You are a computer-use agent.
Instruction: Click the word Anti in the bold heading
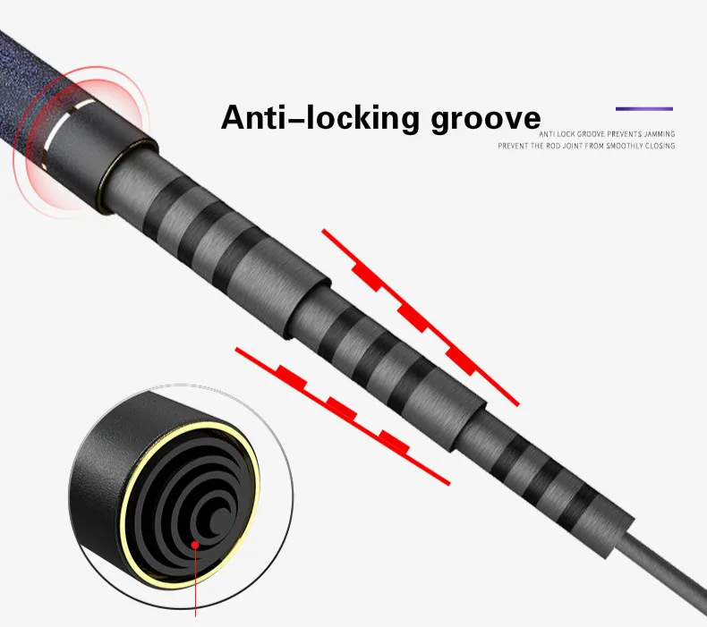tap(251, 118)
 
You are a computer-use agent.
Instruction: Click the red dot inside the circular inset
tap(194, 543)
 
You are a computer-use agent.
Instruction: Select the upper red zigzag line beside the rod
tap(421, 318)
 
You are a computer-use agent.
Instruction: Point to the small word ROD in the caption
tap(548, 145)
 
